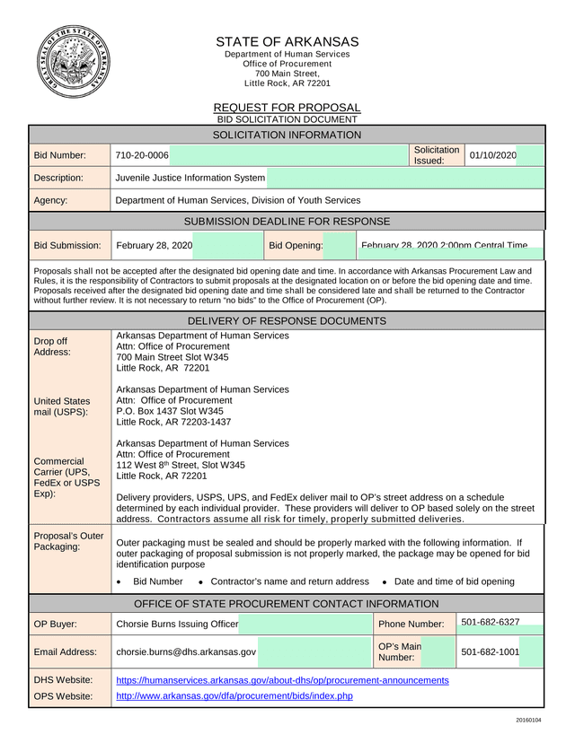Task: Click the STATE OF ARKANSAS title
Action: (287, 42)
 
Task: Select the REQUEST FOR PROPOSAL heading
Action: (287, 108)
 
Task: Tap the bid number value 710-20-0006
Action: (142, 156)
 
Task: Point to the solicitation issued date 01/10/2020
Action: (492, 156)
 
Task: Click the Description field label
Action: (58, 178)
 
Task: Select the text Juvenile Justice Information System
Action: (190, 178)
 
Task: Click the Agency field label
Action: (51, 201)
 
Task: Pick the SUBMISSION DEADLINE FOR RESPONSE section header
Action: (287, 221)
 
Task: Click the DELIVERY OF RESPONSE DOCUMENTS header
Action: (287, 321)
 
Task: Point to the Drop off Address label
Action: (50, 347)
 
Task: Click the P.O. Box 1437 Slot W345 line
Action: (170, 411)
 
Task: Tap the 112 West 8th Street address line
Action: (181, 466)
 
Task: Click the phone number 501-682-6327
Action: (490, 622)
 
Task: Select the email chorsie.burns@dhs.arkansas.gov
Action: (186, 651)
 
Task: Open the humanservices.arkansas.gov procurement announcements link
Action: (282, 680)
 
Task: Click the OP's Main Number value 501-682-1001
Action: (490, 651)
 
